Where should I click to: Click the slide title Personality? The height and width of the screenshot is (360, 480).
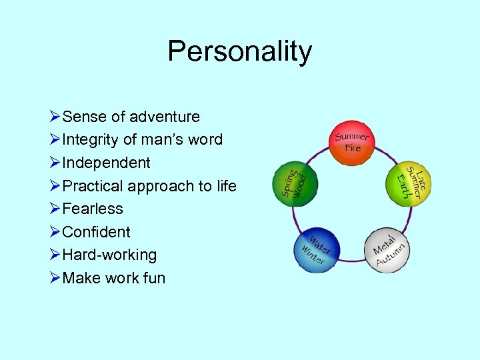click(239, 51)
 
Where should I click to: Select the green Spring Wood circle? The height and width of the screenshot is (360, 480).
click(296, 181)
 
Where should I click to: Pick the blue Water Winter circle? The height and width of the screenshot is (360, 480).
click(317, 250)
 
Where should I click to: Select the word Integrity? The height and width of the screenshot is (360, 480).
click(91, 140)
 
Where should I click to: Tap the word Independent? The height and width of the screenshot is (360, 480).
click(106, 163)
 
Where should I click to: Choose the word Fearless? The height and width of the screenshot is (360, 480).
click(93, 209)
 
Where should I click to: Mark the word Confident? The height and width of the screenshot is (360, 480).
click(96, 232)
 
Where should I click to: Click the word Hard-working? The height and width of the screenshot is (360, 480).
click(109, 255)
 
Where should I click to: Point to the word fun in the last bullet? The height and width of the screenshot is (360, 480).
click(153, 278)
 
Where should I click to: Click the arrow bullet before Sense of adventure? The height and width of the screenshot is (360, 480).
click(55, 117)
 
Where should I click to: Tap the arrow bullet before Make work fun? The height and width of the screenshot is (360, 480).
click(55, 278)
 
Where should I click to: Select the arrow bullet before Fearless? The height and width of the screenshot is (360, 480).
click(55, 209)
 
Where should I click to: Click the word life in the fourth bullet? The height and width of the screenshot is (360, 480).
click(226, 186)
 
